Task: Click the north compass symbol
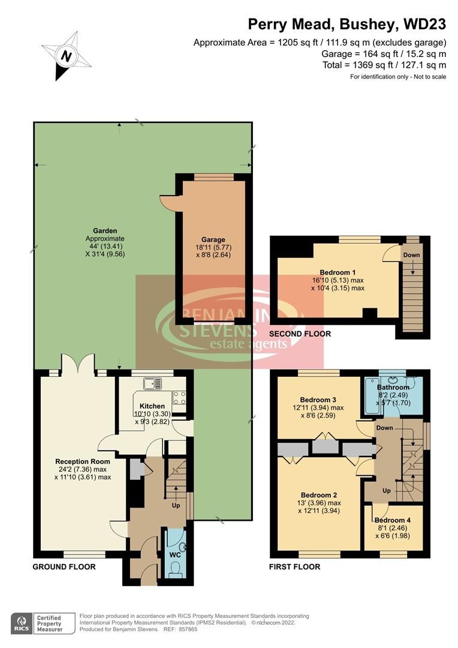click(x=65, y=55)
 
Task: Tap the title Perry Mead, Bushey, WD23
click(x=347, y=24)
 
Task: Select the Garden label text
click(x=105, y=230)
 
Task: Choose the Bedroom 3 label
click(x=318, y=400)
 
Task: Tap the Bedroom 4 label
click(x=393, y=520)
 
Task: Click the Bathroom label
click(x=393, y=387)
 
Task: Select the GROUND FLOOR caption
click(x=64, y=566)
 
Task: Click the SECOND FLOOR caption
click(x=300, y=334)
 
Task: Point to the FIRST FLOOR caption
click(x=295, y=566)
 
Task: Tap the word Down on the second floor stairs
click(x=411, y=255)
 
